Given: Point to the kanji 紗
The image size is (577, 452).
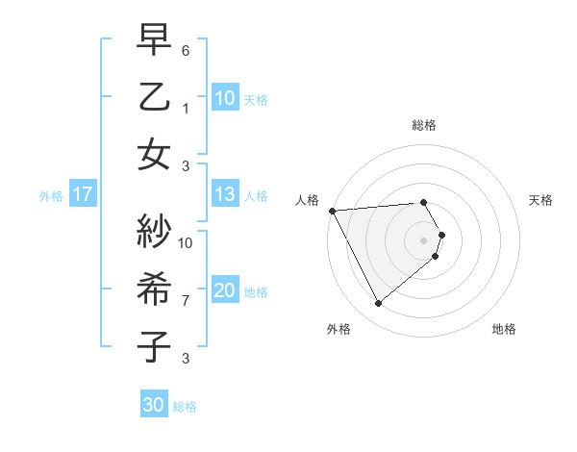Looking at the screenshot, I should pos(154,231).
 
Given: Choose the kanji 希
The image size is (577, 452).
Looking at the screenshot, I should pos(154,289).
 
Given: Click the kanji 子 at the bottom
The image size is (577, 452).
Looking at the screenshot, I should pos(154,346).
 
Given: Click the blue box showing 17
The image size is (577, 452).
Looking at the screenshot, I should pos(82,195).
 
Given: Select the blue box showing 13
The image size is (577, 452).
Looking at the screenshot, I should pos(224,195).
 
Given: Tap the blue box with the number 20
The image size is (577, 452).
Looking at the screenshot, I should pos(224,291).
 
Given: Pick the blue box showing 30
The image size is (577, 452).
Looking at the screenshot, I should pos(153,406).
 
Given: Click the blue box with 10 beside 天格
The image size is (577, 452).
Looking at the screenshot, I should pos(224,98).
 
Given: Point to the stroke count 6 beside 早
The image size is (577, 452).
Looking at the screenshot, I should pos(186,50).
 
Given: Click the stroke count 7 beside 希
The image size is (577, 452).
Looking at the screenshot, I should pos(186,301).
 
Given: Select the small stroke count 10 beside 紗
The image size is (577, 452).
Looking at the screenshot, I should pos(186,242).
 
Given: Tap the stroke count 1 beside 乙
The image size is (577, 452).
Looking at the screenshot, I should pos(186,109).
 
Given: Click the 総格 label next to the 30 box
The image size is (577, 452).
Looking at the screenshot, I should pos(185,407).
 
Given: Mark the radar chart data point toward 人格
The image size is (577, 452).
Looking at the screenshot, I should pos(332,210).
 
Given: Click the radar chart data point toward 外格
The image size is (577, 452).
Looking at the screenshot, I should pos(378,304).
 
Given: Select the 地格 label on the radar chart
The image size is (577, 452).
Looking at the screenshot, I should pos(504,329).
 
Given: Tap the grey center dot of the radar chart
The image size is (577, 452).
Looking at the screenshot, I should pos(423,239).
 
